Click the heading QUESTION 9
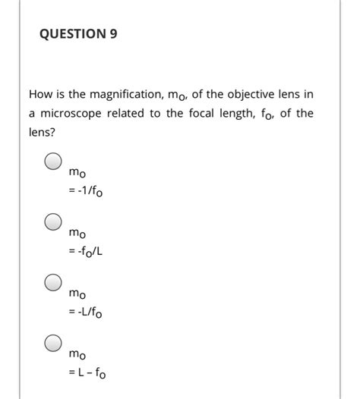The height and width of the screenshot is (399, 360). click(x=77, y=34)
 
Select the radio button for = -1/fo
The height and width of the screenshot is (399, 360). click(x=52, y=162)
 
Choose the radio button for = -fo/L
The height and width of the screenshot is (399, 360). click(x=52, y=223)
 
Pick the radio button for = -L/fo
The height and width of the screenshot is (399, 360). click(x=52, y=284)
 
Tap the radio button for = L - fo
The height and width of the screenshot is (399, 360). click(x=52, y=344)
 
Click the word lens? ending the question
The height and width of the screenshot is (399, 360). click(x=42, y=132)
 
